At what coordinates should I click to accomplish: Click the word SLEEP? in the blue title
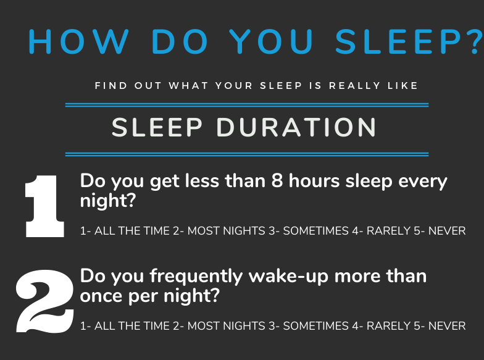pos(409,42)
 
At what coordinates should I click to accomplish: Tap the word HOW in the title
pos(78,42)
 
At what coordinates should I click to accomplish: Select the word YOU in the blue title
pos(272,42)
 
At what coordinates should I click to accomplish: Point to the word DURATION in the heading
pos(296,127)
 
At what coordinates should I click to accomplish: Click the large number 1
pos(44,206)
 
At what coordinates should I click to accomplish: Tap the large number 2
pos(45,301)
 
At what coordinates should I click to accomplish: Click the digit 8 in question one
pos(277,180)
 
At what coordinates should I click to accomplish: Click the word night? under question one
pos(107,201)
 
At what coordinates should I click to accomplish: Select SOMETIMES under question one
pos(316,231)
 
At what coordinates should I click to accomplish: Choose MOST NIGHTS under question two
pos(226,326)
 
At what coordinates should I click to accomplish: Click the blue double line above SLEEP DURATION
pos(247,105)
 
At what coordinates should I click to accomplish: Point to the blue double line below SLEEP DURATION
pos(247,154)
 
